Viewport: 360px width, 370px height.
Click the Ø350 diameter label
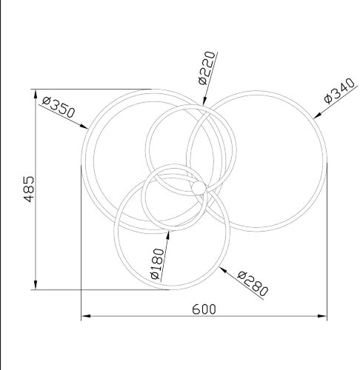click(x=59, y=107)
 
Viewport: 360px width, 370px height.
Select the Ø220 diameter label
click(x=207, y=68)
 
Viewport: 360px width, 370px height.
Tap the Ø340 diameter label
click(x=339, y=91)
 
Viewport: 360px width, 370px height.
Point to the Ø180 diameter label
click(x=157, y=263)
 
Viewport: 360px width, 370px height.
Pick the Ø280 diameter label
click(x=253, y=283)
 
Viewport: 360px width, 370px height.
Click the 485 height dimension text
click(x=29, y=189)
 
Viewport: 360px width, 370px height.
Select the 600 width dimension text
click(x=204, y=309)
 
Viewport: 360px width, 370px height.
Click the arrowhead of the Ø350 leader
click(x=84, y=127)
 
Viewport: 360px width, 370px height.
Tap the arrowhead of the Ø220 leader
click(x=204, y=101)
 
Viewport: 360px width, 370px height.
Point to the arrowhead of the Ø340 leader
click(x=317, y=115)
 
